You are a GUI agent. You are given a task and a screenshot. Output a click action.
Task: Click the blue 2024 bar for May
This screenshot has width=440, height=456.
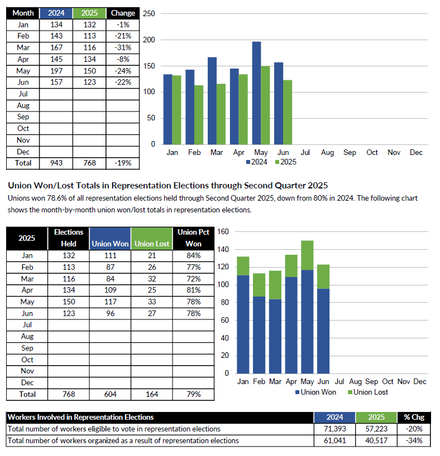pyautogui.click(x=256, y=93)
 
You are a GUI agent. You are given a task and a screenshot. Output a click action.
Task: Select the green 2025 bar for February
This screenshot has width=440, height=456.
pyautogui.click(x=199, y=115)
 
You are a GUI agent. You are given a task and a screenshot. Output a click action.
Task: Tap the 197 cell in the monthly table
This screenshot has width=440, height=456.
pyautogui.click(x=56, y=71)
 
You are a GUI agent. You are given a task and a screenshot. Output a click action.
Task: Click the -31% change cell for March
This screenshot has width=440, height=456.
pyautogui.click(x=123, y=48)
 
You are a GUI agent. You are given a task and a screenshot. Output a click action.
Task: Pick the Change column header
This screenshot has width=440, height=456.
pyautogui.click(x=123, y=13)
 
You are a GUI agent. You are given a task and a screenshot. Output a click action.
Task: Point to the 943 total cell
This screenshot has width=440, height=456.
pyautogui.click(x=56, y=163)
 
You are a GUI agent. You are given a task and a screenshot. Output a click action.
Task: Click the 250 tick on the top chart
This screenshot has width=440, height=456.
pyautogui.click(x=149, y=14)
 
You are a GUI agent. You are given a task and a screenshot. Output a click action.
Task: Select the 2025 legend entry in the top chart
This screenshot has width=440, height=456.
pyautogui.click(x=285, y=162)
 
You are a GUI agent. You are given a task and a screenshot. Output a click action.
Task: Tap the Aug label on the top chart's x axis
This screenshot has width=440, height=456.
pyautogui.click(x=327, y=153)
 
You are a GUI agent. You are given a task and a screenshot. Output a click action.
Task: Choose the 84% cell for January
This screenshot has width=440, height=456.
pyautogui.click(x=194, y=256)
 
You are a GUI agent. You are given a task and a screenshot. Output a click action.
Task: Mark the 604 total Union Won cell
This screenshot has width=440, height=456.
pyautogui.click(x=110, y=394)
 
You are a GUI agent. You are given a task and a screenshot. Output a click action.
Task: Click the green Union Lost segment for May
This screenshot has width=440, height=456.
pyautogui.click(x=307, y=255)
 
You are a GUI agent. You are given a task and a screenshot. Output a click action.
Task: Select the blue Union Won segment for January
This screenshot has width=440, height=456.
pyautogui.click(x=243, y=324)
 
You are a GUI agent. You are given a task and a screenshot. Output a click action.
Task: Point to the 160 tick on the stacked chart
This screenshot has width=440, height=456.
pyautogui.click(x=223, y=232)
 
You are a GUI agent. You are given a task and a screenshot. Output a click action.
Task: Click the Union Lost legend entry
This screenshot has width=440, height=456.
pyautogui.click(x=368, y=392)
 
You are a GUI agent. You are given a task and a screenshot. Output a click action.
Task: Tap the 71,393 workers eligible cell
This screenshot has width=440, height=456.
pyautogui.click(x=335, y=429)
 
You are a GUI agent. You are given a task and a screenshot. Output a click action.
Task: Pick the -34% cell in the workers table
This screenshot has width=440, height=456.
pyautogui.click(x=414, y=440)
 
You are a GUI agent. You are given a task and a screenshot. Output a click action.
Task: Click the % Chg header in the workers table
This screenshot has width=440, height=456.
pyautogui.click(x=414, y=418)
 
